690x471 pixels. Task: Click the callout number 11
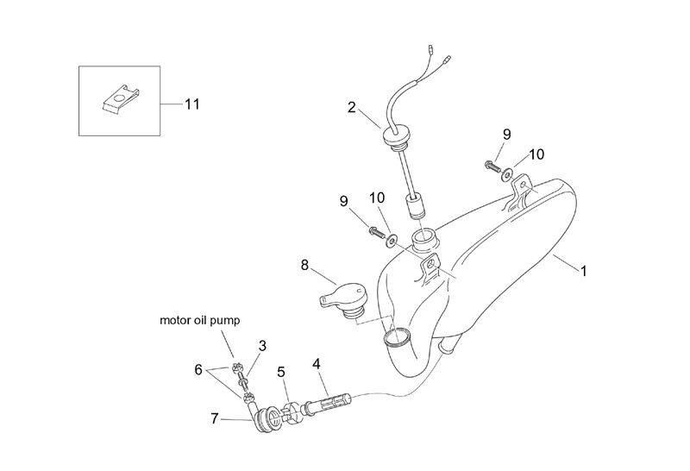[191, 104]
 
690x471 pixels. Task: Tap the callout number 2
[351, 108]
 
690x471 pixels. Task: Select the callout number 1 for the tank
[584, 271]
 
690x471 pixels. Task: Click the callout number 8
[304, 266]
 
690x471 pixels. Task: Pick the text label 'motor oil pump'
[200, 320]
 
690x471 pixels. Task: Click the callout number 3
[262, 346]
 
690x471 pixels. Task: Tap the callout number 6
[198, 370]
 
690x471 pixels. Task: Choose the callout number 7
[214, 418]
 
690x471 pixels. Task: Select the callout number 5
[281, 373]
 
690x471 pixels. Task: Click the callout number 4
[317, 364]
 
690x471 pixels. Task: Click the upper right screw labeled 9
[492, 166]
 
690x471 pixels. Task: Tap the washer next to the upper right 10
[506, 175]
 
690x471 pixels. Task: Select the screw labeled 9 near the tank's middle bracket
[377, 230]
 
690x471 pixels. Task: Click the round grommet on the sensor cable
[392, 135]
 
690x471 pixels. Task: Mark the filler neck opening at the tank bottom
[397, 336]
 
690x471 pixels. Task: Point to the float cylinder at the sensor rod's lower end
[416, 207]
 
